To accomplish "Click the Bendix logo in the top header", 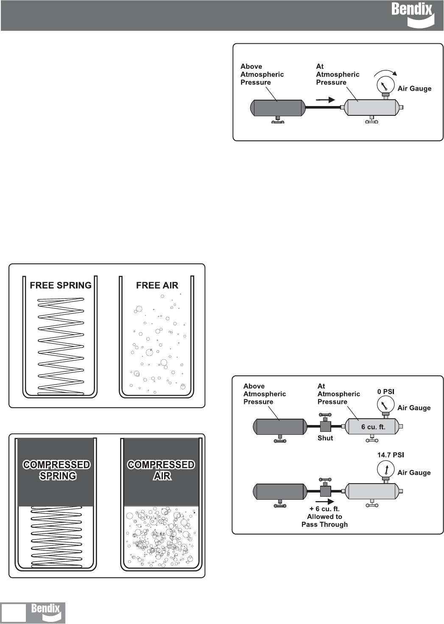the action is [412, 14].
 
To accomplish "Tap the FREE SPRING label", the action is [61, 285].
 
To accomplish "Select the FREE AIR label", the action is [157, 285].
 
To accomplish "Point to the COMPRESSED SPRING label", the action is [57, 470].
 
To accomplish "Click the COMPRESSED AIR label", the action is [161, 470].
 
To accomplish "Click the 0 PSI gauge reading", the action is [385, 392].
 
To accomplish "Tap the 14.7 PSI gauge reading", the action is [391, 455].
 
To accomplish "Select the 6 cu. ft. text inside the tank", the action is [373, 427].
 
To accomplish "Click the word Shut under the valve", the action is [325, 438].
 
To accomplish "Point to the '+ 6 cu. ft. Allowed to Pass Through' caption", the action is [324, 517].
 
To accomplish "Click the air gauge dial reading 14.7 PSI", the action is [386, 469].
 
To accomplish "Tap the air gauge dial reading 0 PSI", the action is [385, 404].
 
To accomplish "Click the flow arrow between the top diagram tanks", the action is [326, 100].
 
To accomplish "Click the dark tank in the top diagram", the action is [278, 108].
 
